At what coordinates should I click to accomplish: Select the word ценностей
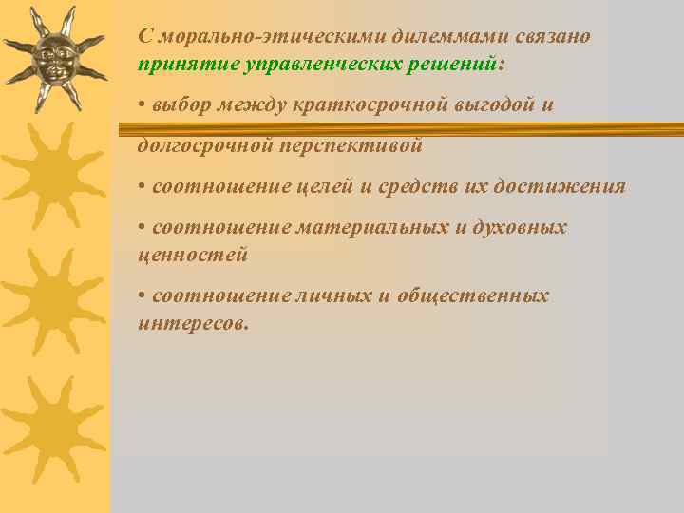pos(193,255)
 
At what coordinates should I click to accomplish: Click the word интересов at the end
pos(193,323)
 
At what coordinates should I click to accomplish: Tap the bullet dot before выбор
pos(142,104)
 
